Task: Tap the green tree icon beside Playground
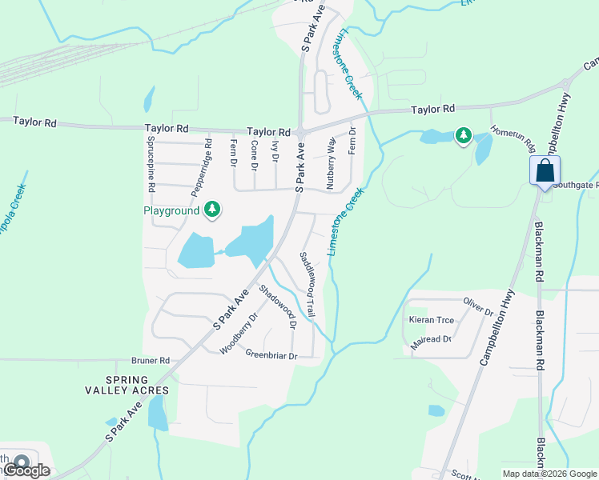[212, 210]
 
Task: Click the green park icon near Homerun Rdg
[463, 136]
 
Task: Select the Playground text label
[171, 211]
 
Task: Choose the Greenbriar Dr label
[271, 354]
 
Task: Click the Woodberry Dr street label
[238, 334]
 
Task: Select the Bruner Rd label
[153, 361]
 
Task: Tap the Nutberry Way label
[331, 163]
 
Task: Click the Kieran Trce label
[432, 320]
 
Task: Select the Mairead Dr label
[431, 339]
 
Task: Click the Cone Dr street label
[254, 155]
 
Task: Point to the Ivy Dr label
[275, 151]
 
